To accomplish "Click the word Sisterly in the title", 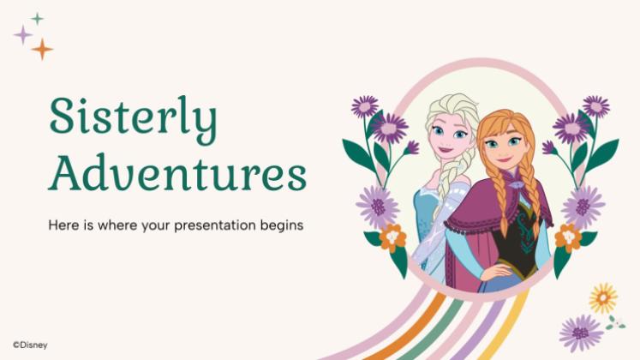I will (133, 120).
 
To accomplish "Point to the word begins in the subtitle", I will (287, 226).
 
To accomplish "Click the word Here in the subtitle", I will (62, 226).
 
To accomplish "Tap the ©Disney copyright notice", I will (30, 345).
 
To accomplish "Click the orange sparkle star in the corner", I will (42, 49).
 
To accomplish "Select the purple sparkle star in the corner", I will (22, 34).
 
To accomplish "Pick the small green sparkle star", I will (37, 18).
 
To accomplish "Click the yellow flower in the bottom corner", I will (603, 297).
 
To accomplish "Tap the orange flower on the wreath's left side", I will (392, 237).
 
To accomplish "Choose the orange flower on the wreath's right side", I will (567, 237).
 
